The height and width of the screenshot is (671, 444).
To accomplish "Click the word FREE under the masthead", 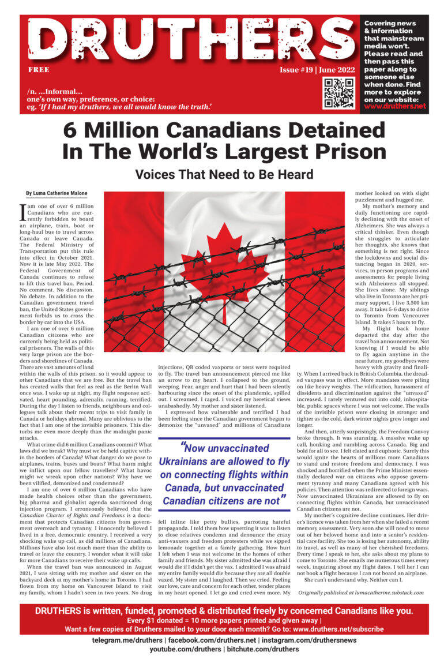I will click(x=39, y=70).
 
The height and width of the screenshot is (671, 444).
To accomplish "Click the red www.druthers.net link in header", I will click(x=395, y=106).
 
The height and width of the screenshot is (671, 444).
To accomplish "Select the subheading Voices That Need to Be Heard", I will click(x=224, y=174).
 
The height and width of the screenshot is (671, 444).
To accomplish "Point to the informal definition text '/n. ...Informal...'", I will click(x=54, y=91).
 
